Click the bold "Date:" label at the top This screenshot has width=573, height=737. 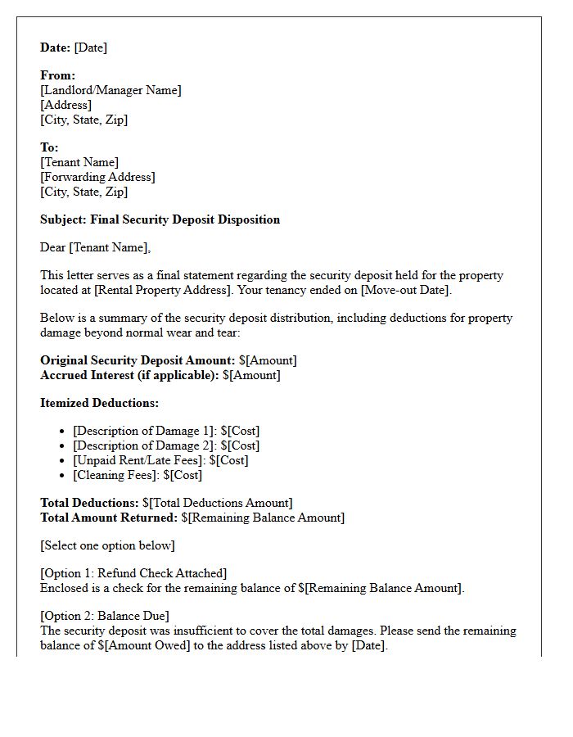click(56, 47)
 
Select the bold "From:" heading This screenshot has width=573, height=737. click(57, 75)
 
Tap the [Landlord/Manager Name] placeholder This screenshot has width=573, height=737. click(111, 90)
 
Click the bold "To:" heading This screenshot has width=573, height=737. click(49, 147)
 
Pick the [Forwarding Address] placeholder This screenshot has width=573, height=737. click(97, 177)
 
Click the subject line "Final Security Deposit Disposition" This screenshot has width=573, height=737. click(185, 219)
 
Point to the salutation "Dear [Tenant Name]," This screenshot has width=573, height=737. click(96, 247)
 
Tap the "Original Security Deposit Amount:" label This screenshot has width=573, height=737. click(138, 360)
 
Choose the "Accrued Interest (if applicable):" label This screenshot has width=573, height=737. click(129, 375)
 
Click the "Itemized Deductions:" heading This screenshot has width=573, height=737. click(99, 403)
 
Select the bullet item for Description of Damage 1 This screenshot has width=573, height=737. click(166, 431)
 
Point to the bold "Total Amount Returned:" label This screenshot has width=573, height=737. click(109, 518)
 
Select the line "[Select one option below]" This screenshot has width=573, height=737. click(107, 545)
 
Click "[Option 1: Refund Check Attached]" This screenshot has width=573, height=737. click(133, 573)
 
